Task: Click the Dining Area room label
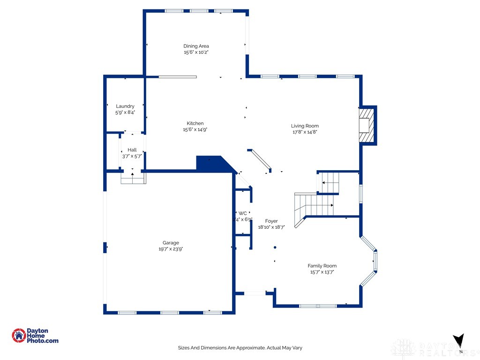click(196, 46)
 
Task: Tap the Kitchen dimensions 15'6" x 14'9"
click(195, 129)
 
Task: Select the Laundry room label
click(125, 106)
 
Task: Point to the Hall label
click(132, 150)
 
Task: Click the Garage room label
click(171, 243)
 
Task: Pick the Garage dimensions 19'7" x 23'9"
click(171, 249)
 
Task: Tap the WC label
click(242, 213)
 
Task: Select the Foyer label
click(271, 221)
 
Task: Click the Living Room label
click(305, 126)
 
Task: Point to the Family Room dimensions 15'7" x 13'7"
click(322, 272)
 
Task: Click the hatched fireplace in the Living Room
click(367, 125)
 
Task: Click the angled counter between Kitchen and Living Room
click(260, 161)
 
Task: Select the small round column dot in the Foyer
click(275, 247)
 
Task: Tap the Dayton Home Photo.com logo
click(35, 336)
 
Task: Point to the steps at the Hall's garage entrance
click(133, 178)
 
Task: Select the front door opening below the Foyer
click(255, 293)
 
